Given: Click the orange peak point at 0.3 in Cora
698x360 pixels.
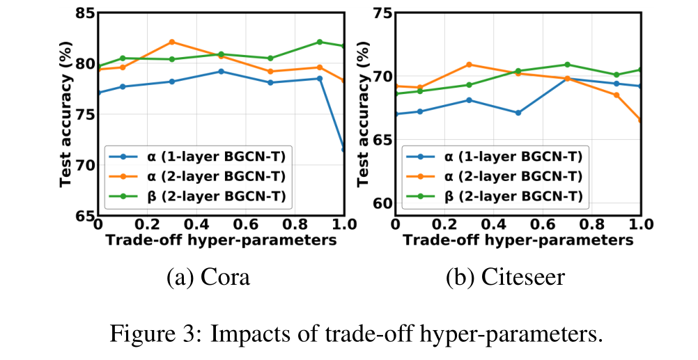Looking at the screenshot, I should pos(171,42).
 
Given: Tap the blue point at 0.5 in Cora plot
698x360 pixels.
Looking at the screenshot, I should pos(221,71).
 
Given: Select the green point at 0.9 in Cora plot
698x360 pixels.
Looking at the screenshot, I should pos(320,42).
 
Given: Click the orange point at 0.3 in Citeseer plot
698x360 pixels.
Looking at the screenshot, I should pos(469,65).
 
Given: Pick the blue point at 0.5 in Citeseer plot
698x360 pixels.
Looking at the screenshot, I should pos(518,113).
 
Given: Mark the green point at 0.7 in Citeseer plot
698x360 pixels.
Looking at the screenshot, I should pos(567,65).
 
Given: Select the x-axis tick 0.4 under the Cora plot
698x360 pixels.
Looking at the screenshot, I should pos(196,226).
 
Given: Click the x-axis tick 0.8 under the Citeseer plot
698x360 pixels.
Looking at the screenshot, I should pos(591,226).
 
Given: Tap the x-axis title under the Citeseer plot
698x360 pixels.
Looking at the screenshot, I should pos(518,240).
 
